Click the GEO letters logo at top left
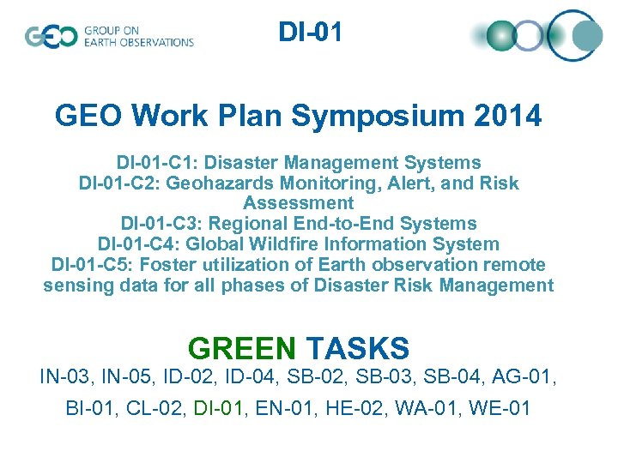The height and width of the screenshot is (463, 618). point(51,36)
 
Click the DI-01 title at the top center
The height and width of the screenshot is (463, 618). point(310,33)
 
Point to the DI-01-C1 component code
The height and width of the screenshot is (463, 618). point(154,162)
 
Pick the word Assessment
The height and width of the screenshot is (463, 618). point(298,203)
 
